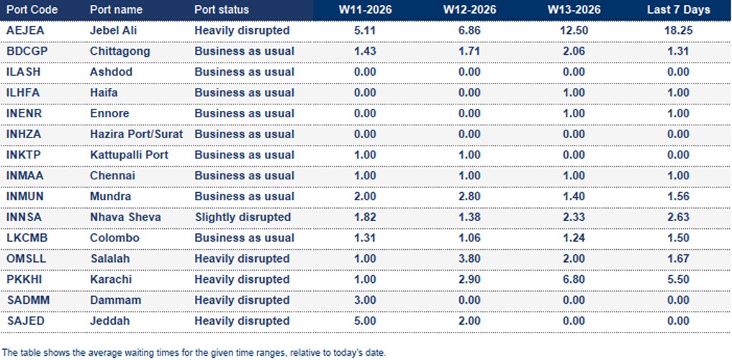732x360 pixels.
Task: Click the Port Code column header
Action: click(32, 10)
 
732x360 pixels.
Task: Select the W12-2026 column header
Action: click(470, 10)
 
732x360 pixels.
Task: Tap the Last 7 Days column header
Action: click(678, 10)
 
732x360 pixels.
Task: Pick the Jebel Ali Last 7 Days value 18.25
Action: click(678, 31)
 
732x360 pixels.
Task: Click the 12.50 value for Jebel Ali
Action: click(574, 31)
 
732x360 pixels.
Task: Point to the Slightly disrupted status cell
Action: click(243, 217)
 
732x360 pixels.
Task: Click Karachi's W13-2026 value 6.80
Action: click(574, 279)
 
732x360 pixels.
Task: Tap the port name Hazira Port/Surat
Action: click(136, 134)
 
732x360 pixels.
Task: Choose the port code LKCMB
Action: click(26, 238)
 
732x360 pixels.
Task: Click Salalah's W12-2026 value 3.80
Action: click(470, 258)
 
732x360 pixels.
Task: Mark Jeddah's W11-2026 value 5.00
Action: click(366, 321)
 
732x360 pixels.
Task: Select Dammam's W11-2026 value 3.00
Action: click(366, 300)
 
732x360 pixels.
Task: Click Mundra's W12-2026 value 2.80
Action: click(470, 197)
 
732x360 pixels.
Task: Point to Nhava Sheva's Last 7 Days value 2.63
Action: click(678, 217)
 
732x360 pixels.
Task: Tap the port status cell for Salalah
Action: click(242, 258)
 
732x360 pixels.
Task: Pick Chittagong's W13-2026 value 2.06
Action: click(574, 51)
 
